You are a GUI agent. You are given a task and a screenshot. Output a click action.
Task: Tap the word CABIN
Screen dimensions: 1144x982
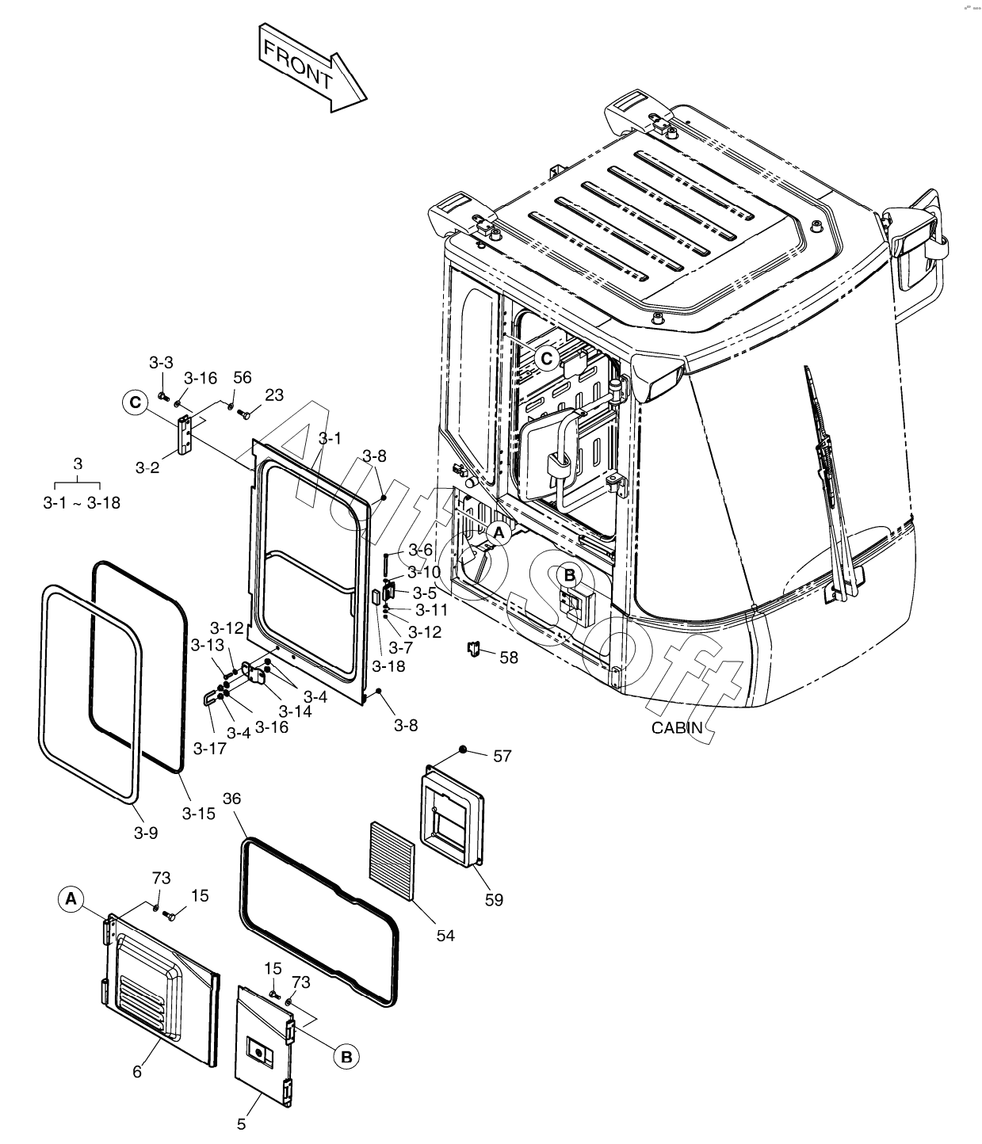click(x=676, y=727)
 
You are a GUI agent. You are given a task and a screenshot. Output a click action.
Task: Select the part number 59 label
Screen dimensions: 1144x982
click(x=494, y=899)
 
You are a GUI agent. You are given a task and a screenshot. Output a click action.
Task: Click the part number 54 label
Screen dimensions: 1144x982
click(x=445, y=935)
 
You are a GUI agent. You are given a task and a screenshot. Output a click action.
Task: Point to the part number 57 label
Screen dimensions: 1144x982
click(x=502, y=756)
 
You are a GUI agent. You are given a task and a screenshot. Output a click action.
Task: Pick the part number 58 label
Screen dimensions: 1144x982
click(x=508, y=657)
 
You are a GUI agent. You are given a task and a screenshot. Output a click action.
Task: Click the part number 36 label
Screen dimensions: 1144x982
click(x=231, y=799)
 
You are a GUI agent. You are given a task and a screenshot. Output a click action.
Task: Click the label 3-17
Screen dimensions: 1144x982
click(x=210, y=748)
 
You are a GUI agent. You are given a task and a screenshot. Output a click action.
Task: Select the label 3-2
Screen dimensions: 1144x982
click(x=147, y=467)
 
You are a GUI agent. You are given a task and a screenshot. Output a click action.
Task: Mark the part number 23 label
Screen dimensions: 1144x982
click(x=274, y=395)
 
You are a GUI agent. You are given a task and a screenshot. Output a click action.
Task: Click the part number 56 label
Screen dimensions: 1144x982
click(x=242, y=378)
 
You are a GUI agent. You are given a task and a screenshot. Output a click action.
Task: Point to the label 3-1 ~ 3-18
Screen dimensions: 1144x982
click(x=81, y=501)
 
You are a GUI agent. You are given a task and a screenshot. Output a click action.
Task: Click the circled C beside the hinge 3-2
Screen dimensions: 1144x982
click(x=135, y=402)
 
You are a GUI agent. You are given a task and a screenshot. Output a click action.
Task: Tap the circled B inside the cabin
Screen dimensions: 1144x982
click(x=569, y=574)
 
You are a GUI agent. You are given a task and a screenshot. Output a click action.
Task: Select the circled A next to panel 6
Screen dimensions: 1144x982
click(x=71, y=899)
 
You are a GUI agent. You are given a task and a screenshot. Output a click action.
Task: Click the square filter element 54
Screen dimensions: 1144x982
click(x=392, y=860)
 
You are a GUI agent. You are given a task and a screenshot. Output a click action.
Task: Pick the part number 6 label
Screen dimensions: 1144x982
click(x=137, y=1072)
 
